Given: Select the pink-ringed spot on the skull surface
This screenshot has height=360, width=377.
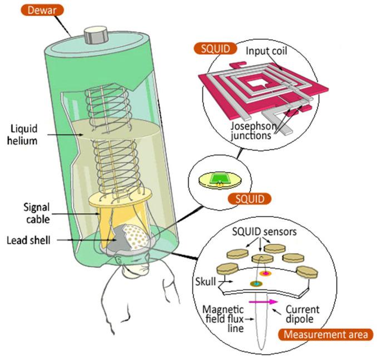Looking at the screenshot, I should point(265,274).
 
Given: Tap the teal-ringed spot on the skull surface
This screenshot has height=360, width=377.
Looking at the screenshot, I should point(255,284).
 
